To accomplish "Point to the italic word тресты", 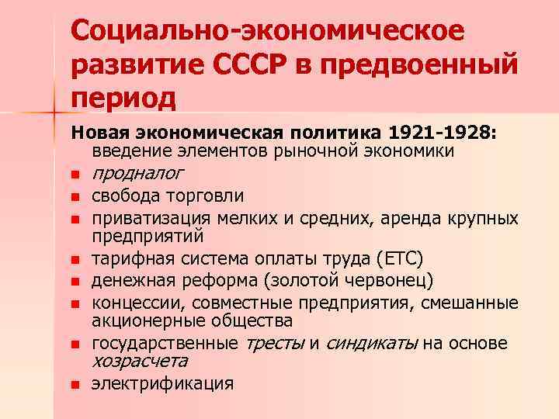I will pos(275,342).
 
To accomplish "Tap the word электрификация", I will pos(162,383).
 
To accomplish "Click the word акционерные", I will pos(144,320).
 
